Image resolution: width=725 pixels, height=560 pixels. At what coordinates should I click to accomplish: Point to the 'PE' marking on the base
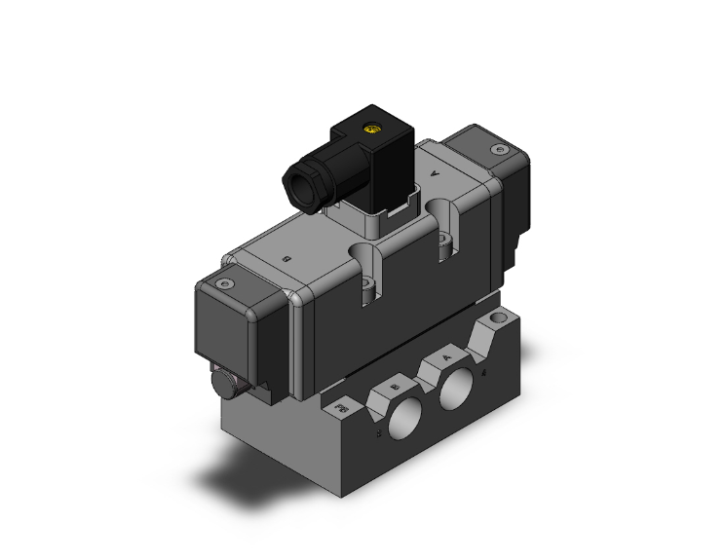tap(341, 403)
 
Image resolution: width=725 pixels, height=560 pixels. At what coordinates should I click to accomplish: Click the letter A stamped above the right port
tap(446, 357)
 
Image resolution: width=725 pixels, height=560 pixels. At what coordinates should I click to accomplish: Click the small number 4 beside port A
tap(484, 371)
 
